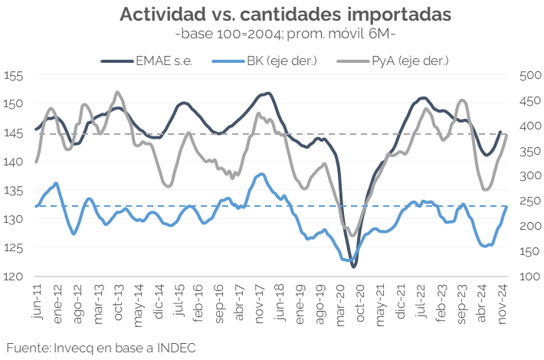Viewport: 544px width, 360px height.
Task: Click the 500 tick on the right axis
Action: pyautogui.click(x=530, y=75)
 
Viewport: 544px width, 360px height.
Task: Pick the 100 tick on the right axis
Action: pyautogui.click(x=530, y=277)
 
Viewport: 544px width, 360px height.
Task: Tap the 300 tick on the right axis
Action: pyautogui.click(x=530, y=176)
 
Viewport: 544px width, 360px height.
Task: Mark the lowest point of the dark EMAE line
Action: pyautogui.click(x=354, y=267)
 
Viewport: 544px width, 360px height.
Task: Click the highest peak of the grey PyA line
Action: pyautogui.click(x=116, y=92)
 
